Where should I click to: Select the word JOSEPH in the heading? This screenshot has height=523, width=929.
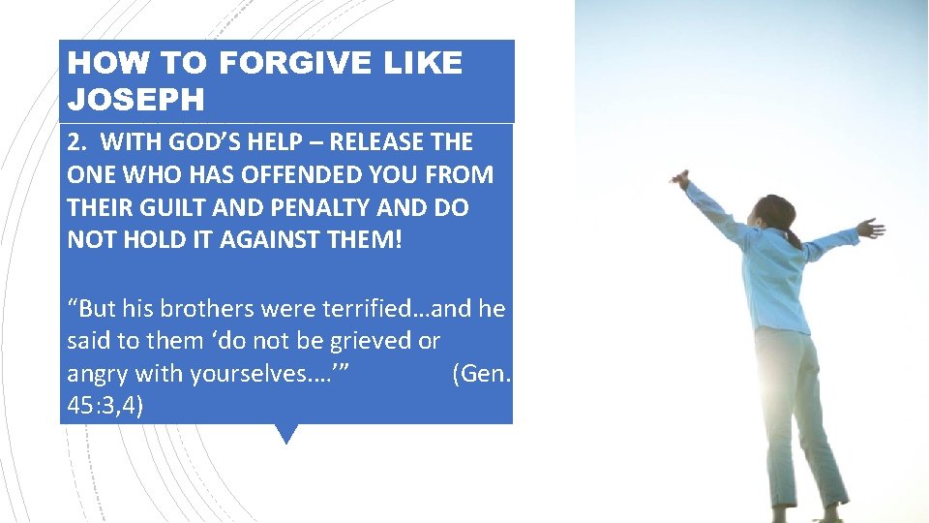point(136,100)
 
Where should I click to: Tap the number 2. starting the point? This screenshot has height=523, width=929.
point(77,142)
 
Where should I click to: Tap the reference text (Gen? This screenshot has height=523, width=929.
point(479,373)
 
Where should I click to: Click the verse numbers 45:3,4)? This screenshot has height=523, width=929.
point(105,405)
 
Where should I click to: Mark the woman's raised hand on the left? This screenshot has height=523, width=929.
point(682,179)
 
